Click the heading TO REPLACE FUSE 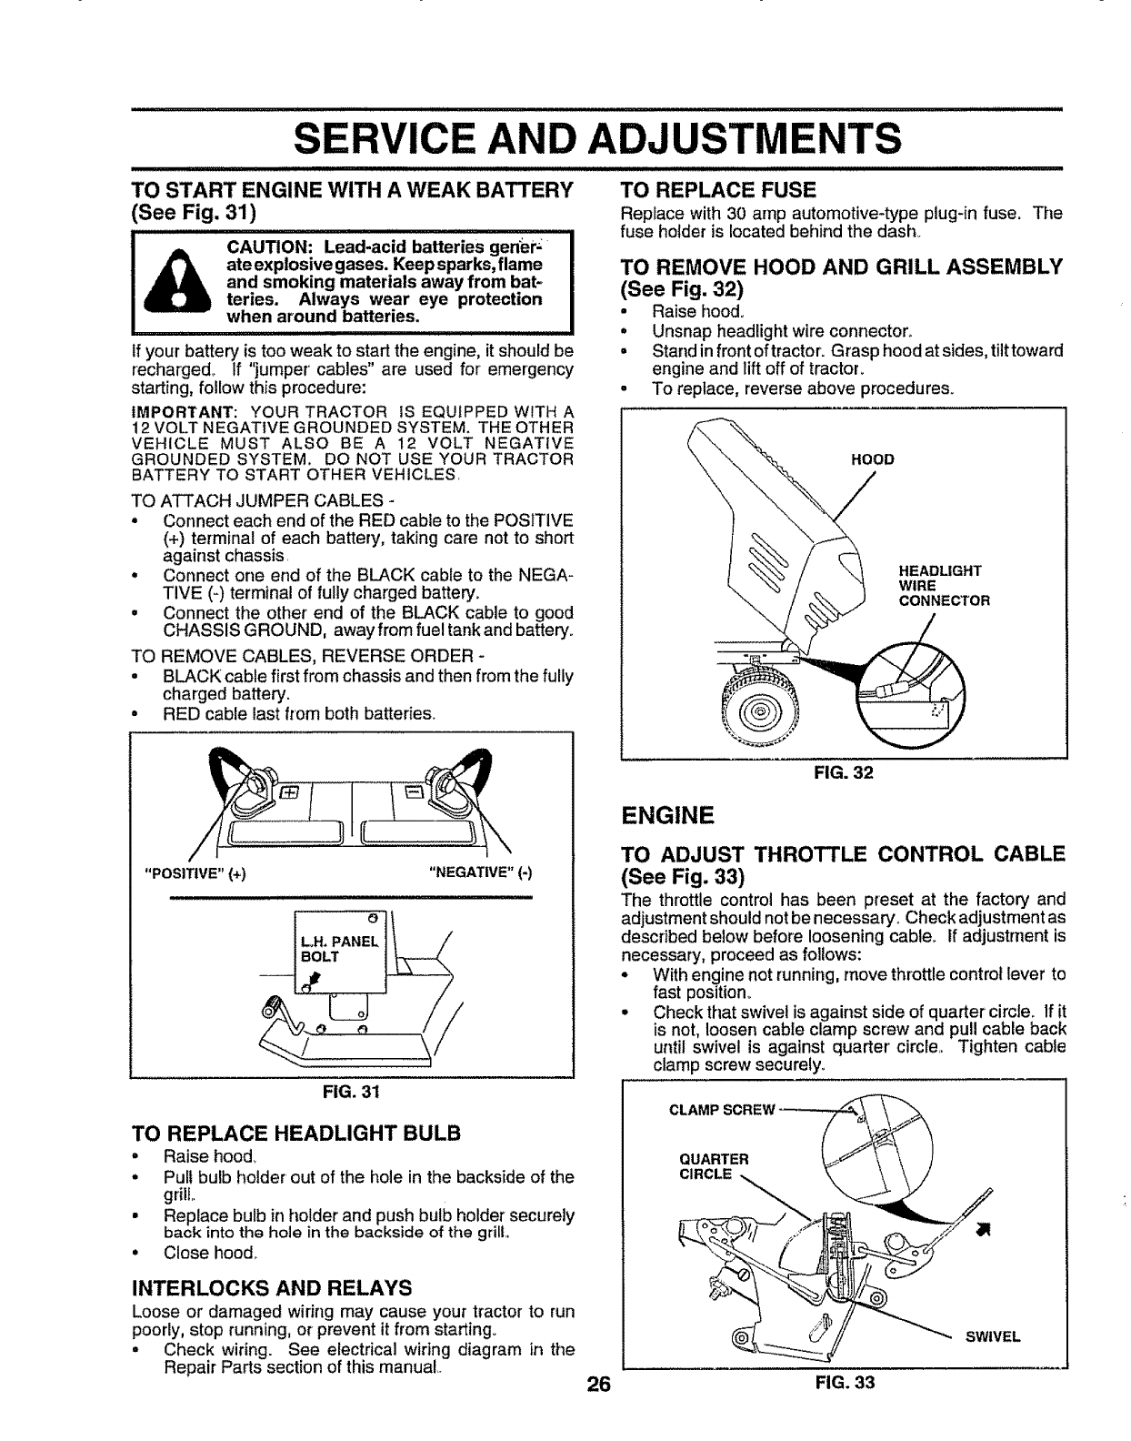(x=717, y=189)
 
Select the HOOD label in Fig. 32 (x=872, y=459)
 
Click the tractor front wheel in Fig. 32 (x=760, y=702)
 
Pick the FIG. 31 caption (x=351, y=1093)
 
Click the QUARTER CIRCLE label (x=714, y=1165)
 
